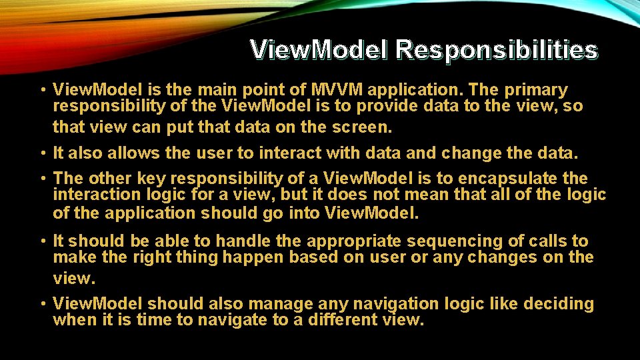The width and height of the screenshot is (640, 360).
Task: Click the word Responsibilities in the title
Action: click(496, 50)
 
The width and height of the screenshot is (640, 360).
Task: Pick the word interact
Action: click(287, 153)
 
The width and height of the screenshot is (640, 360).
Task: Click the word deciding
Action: click(558, 304)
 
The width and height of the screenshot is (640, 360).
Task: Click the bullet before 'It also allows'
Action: click(42, 153)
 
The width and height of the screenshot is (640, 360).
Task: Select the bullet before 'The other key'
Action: click(42, 178)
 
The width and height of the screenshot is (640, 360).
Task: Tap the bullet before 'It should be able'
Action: click(42, 241)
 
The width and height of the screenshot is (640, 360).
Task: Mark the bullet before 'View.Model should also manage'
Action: click(42, 304)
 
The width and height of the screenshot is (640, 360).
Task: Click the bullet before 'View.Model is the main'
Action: click(42, 90)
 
